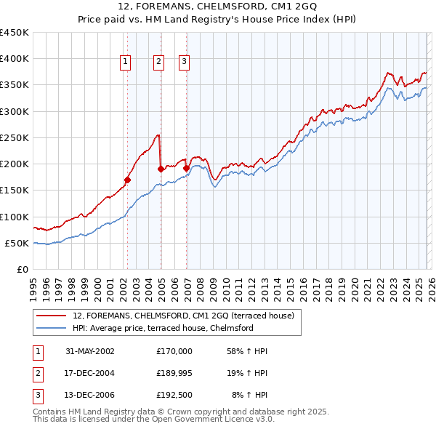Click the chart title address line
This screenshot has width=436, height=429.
(218, 7)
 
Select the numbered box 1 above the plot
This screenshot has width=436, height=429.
(126, 63)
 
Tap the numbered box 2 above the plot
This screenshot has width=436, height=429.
(158, 63)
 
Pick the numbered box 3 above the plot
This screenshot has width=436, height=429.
(185, 63)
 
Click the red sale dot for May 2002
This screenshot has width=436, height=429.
(127, 180)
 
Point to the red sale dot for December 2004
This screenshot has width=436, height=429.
(161, 169)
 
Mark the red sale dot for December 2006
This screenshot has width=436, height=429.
(186, 168)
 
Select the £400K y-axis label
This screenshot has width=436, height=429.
(15, 59)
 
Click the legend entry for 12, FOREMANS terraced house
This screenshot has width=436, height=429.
(182, 316)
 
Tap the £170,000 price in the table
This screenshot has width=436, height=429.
(174, 351)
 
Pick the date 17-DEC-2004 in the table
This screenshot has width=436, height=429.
(90, 373)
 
